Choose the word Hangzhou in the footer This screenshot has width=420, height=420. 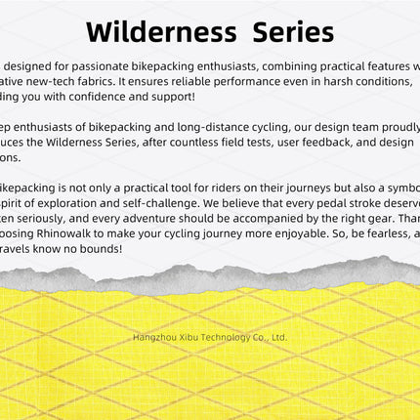[x=155, y=338]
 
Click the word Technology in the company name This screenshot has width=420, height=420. [x=224, y=338]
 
